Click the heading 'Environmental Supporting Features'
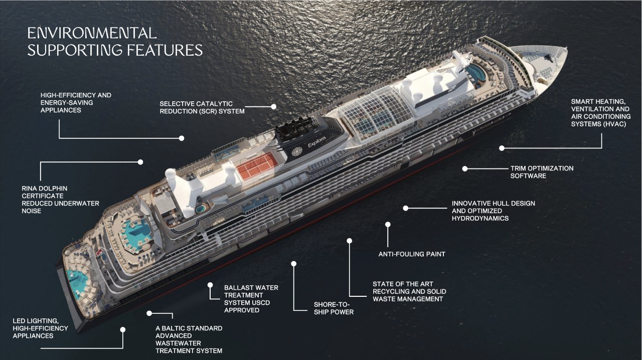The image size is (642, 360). (115, 42)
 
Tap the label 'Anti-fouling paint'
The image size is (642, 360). (412, 254)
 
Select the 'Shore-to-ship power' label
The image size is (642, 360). (334, 308)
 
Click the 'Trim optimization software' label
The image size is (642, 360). (542, 172)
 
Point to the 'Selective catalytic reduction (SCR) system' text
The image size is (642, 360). (202, 107)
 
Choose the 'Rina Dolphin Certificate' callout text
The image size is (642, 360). (60, 200)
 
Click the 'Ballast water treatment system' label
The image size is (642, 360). (251, 299)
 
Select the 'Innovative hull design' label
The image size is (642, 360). (493, 211)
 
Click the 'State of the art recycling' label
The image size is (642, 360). (409, 291)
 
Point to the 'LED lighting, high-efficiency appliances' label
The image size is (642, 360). (40, 328)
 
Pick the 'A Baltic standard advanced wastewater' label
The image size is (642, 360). (189, 339)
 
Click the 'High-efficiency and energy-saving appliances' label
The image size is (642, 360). (76, 102)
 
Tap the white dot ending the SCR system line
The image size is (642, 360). (273, 107)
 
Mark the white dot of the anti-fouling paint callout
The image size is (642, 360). (388, 224)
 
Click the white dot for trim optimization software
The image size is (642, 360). (465, 169)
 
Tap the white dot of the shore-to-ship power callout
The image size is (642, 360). (294, 263)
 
